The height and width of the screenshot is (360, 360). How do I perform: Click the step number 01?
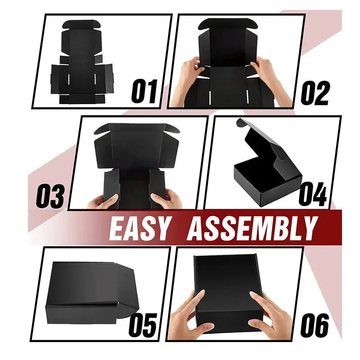tap(145, 91)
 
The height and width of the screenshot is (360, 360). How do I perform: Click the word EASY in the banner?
tap(139, 229)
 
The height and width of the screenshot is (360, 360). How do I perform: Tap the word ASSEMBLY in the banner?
tap(252, 229)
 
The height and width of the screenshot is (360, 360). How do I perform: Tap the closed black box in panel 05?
tap(85, 292)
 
